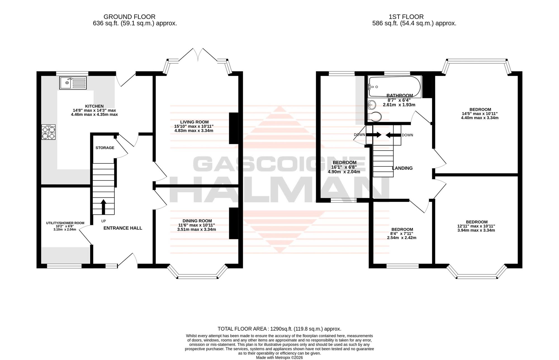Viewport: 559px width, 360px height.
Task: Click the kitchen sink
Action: (73, 83)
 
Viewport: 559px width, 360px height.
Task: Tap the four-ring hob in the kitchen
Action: (48, 132)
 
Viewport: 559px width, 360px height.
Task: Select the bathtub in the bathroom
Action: (395, 87)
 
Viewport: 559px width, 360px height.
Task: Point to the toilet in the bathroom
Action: (374, 117)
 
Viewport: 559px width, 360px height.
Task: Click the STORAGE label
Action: (105, 148)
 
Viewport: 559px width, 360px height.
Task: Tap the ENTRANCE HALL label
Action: (123, 228)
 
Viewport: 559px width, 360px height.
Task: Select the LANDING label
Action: (402, 168)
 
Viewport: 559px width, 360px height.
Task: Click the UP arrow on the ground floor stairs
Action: (103, 206)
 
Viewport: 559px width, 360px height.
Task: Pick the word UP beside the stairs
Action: (104, 221)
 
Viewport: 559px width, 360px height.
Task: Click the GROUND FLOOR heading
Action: (129, 17)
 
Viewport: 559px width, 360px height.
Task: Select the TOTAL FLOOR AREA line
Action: (279, 329)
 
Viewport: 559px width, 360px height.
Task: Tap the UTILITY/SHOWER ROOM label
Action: (65, 223)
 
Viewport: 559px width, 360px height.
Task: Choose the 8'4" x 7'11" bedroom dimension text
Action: (402, 234)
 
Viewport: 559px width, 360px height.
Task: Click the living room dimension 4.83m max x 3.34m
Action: (194, 130)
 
